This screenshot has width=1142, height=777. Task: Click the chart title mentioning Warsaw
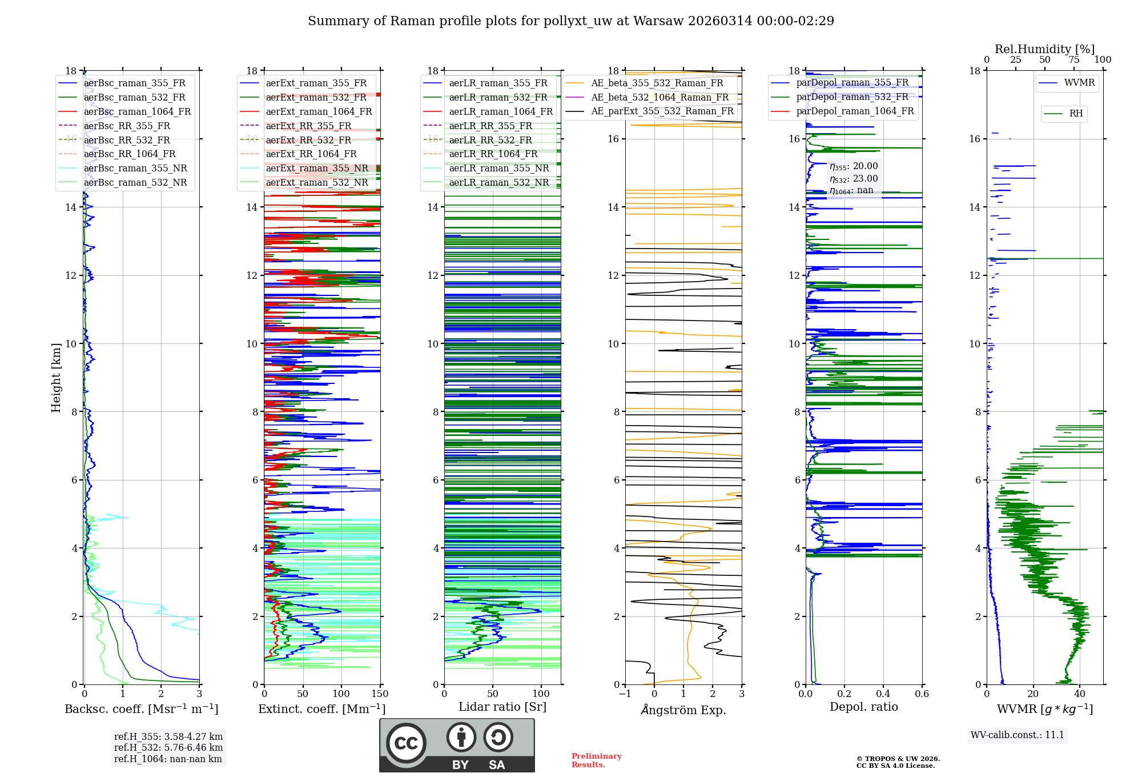click(571, 21)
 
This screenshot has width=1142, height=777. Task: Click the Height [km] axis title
click(56, 377)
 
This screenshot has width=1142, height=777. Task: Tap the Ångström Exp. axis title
click(683, 710)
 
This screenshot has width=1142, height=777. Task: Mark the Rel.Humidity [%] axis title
click(1044, 49)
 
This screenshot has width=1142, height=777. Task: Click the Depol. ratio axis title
click(863, 707)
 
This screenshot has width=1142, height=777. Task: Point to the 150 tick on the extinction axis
click(380, 694)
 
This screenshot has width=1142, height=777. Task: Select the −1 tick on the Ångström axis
click(625, 694)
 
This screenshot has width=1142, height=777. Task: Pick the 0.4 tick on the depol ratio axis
click(883, 694)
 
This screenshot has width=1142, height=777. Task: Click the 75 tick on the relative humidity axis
click(1074, 60)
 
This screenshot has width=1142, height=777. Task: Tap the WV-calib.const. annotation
click(1018, 735)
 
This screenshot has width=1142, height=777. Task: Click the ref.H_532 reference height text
click(168, 748)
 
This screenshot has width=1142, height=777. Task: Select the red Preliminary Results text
click(596, 760)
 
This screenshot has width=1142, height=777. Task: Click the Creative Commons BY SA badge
click(457, 746)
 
